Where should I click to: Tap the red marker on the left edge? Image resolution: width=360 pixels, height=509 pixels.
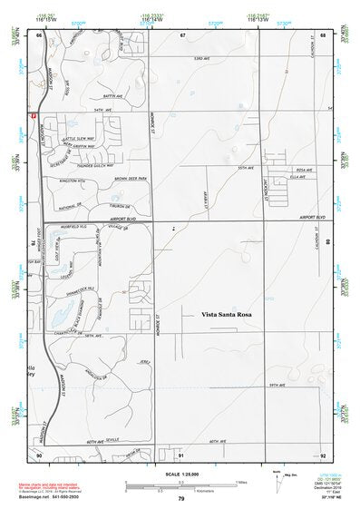click(34, 116)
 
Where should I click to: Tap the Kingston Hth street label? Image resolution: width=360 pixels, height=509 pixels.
click(71, 181)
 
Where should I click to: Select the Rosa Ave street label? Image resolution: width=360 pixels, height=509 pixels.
click(304, 170)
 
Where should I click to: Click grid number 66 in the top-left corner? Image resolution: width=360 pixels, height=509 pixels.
click(40, 34)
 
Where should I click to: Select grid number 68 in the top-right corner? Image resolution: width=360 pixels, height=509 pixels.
click(323, 34)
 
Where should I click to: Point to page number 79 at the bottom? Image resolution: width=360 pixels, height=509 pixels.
click(181, 499)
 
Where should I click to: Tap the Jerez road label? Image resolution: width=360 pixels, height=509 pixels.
click(142, 361)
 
